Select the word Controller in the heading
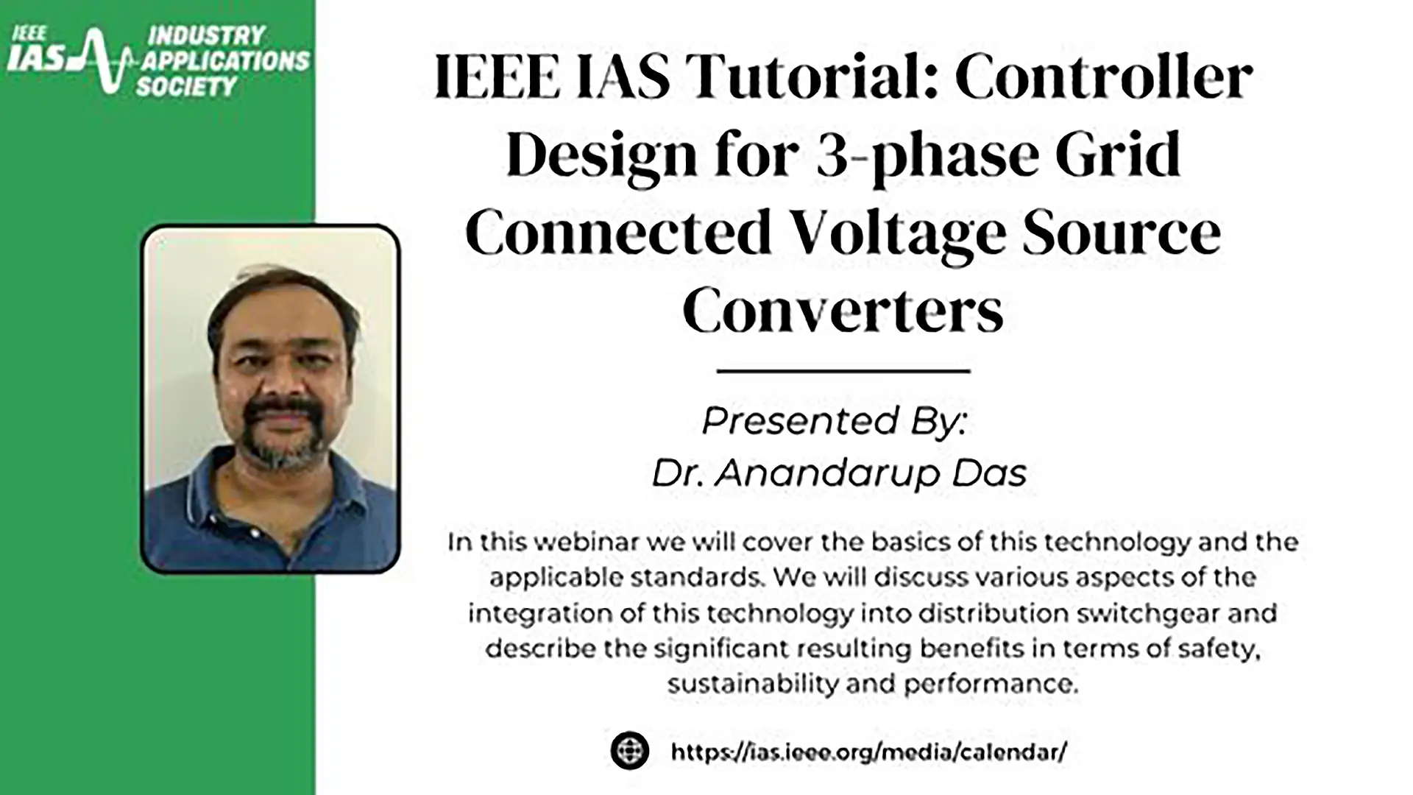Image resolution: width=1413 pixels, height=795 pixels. pos(1104,77)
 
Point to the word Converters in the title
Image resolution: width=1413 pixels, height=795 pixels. pos(843,311)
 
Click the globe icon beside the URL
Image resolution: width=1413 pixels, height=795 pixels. pos(630,751)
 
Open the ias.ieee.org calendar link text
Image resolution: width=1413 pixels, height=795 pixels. pos(868,752)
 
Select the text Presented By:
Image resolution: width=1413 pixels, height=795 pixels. pos(834,421)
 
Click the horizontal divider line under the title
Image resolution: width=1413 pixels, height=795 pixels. pos(843,371)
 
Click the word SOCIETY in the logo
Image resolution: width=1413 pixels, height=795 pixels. pos(186,86)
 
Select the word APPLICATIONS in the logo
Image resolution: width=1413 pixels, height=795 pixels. pos(226,60)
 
